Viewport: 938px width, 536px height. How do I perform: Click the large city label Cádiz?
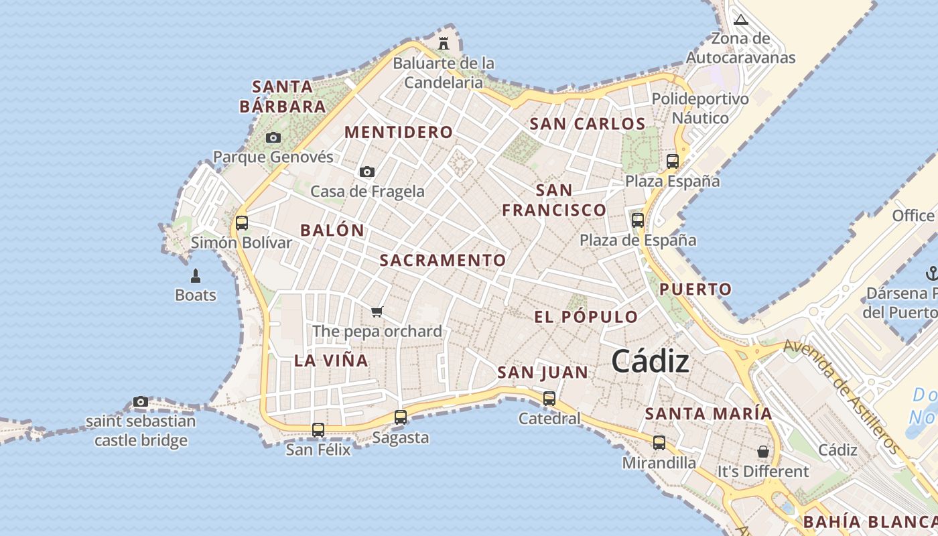click(x=650, y=362)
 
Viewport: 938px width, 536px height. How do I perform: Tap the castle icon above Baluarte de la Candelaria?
click(x=444, y=44)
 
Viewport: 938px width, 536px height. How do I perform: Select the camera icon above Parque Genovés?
click(x=273, y=138)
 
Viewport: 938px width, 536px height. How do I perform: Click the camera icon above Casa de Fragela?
click(x=366, y=172)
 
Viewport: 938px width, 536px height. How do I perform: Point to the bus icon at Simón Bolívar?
click(x=242, y=223)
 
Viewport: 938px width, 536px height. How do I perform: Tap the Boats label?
click(x=196, y=295)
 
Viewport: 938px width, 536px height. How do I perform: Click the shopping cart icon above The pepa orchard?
click(x=377, y=312)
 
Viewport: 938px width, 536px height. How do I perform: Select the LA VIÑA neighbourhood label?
click(x=331, y=360)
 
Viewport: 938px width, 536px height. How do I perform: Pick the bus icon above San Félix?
click(x=318, y=429)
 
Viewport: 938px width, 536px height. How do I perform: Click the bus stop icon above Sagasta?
click(x=401, y=417)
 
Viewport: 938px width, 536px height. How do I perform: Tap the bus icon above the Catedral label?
click(x=549, y=399)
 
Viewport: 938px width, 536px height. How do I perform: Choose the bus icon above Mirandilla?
click(x=659, y=443)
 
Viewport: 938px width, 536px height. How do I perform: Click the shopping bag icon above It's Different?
click(x=762, y=452)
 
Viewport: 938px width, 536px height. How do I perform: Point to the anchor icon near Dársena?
click(x=931, y=273)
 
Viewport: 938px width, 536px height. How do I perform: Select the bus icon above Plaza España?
click(x=673, y=161)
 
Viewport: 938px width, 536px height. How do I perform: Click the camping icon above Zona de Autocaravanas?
click(x=740, y=19)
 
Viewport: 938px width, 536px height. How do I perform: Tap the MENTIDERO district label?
click(x=399, y=132)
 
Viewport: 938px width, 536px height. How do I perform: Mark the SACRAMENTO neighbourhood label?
click(x=443, y=260)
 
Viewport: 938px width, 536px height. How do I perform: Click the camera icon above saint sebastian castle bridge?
click(x=141, y=402)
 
